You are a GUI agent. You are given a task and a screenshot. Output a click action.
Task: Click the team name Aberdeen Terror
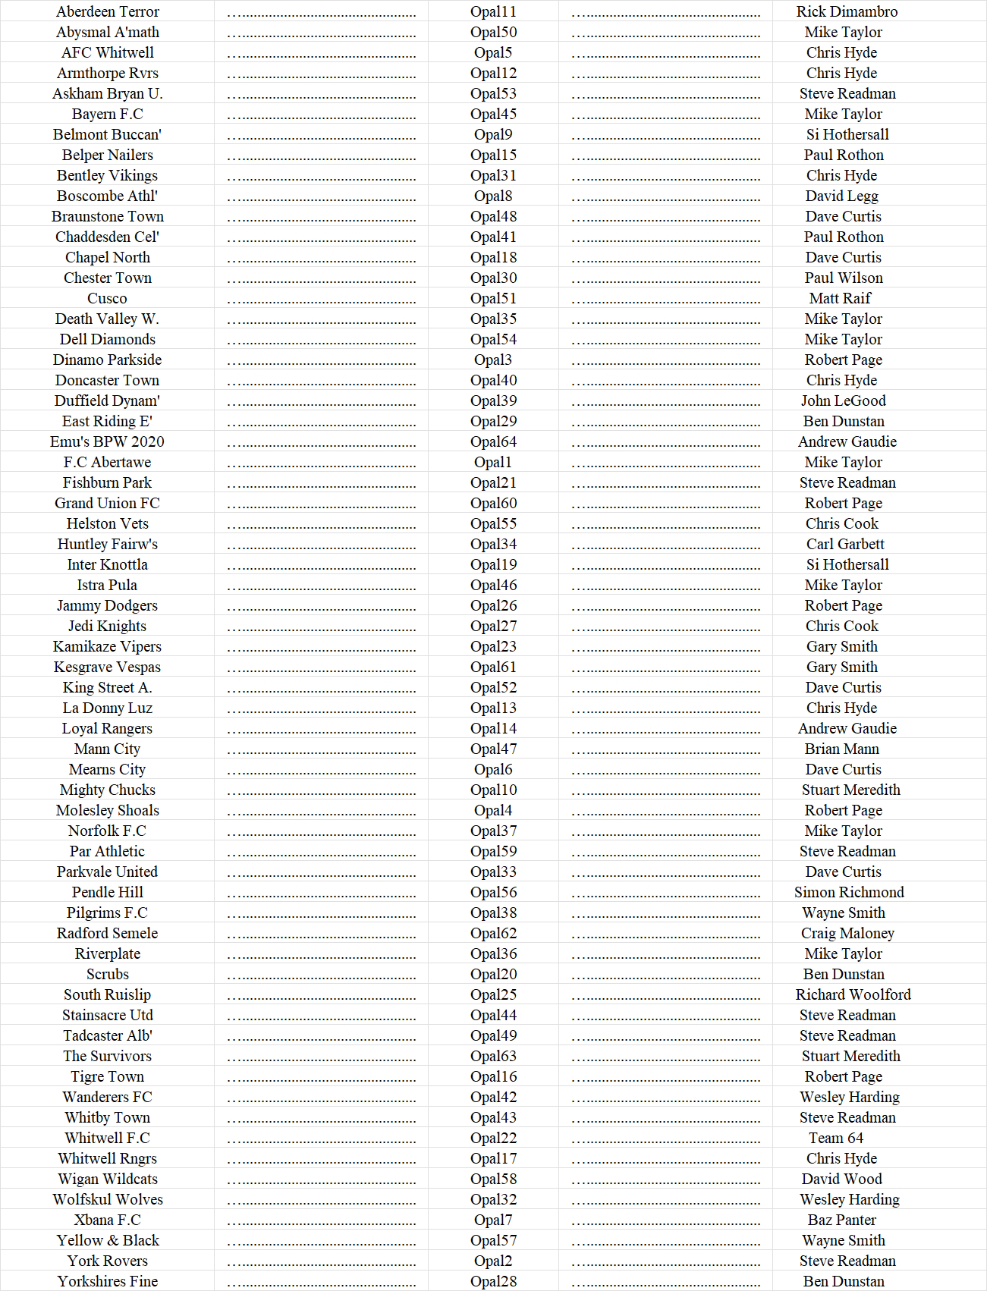(x=108, y=11)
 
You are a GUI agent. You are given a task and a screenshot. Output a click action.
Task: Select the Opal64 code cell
(x=493, y=441)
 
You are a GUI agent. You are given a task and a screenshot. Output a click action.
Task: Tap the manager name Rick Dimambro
(x=847, y=11)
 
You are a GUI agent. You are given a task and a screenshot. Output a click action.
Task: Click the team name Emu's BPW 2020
(x=107, y=441)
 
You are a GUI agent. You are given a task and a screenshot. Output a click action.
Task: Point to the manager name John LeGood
(x=843, y=400)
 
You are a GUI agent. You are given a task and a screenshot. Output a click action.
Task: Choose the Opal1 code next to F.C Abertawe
(x=493, y=462)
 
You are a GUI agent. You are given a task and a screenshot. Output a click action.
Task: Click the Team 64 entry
(x=835, y=1138)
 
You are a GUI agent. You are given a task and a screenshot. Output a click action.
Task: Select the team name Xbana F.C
(x=107, y=1220)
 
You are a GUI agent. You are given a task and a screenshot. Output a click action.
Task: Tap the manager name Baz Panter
(x=841, y=1220)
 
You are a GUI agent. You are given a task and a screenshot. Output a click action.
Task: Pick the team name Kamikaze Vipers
(x=107, y=646)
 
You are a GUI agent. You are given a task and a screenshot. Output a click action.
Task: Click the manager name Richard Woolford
(x=853, y=994)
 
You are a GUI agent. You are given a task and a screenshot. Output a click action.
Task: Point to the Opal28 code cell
(x=493, y=1281)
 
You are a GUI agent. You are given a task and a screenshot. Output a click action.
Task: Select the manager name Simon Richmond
(x=849, y=892)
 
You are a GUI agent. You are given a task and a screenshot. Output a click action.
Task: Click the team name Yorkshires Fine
(x=107, y=1281)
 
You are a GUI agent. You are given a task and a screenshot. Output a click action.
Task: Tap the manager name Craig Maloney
(x=847, y=933)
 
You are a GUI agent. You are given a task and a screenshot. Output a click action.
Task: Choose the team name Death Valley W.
(x=107, y=319)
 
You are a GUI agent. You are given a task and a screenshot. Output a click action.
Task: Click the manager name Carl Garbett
(x=845, y=544)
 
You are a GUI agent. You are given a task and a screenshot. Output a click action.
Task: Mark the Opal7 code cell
(x=493, y=1220)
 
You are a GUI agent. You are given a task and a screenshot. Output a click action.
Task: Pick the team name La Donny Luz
(x=107, y=708)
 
